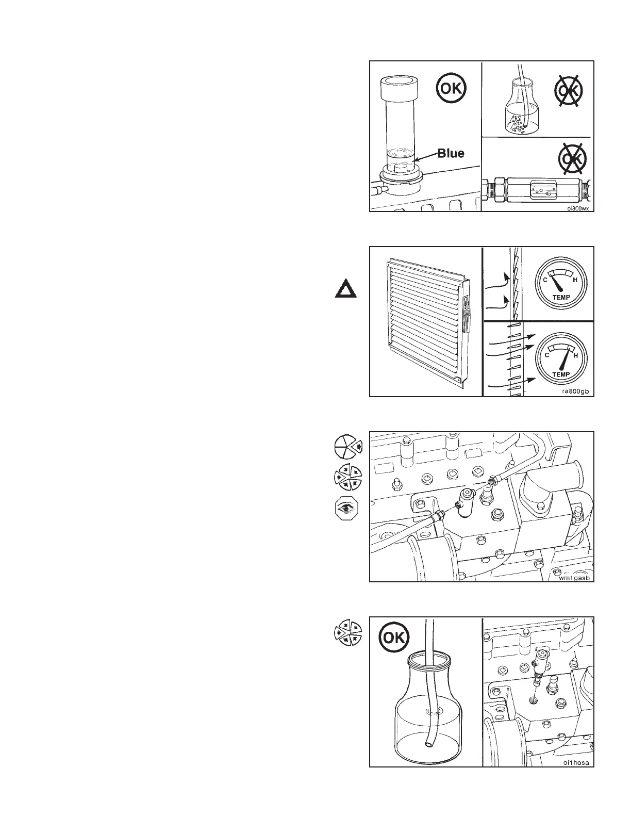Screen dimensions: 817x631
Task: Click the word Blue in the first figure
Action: [451, 153]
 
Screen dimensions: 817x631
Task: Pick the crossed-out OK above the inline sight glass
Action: [569, 158]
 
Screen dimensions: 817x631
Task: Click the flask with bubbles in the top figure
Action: [520, 111]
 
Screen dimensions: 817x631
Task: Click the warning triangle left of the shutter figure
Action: [345, 290]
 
